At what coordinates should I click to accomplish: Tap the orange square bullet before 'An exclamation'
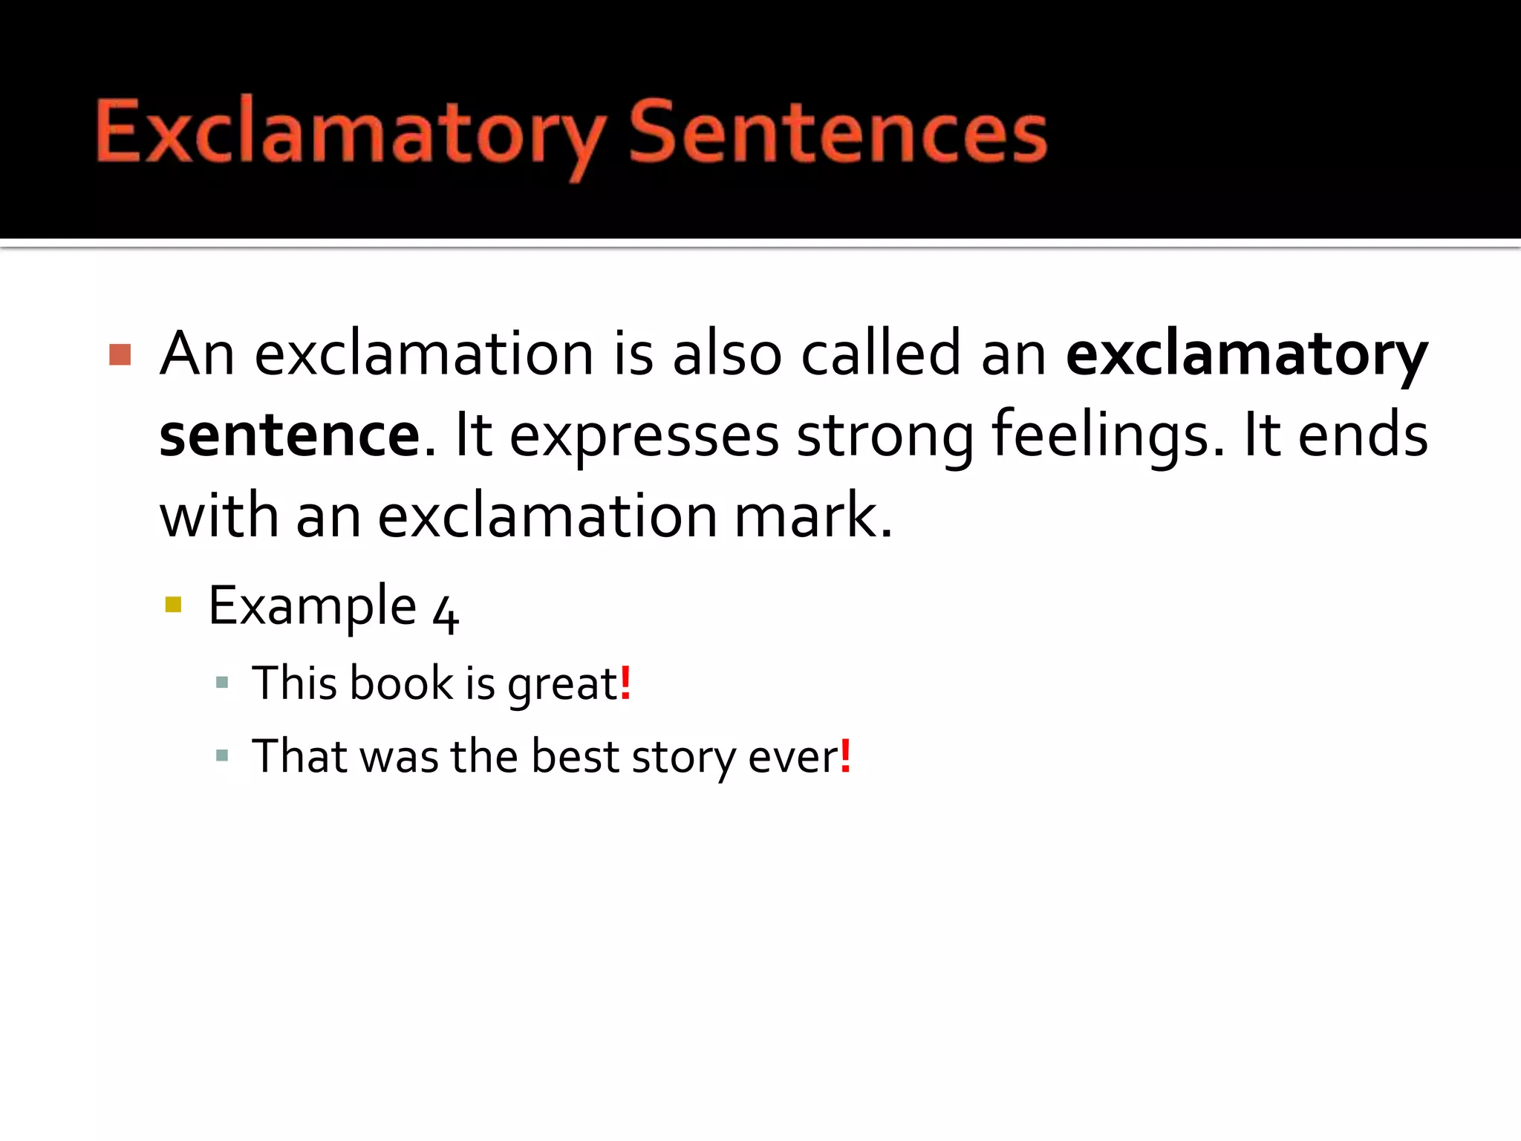(x=120, y=355)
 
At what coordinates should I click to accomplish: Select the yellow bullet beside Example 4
(x=173, y=604)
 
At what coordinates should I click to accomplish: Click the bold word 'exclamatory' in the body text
(x=1246, y=355)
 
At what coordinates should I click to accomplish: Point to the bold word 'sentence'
(x=290, y=435)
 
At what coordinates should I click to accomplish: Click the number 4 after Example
(x=446, y=614)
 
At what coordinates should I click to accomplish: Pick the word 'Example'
(x=312, y=608)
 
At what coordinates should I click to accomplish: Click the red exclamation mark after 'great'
(x=625, y=683)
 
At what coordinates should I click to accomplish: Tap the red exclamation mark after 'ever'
(x=845, y=756)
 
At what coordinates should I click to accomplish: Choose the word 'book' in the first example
(x=401, y=683)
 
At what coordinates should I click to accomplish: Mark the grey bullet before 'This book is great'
(x=221, y=682)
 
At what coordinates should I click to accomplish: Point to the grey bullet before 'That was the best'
(x=221, y=756)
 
